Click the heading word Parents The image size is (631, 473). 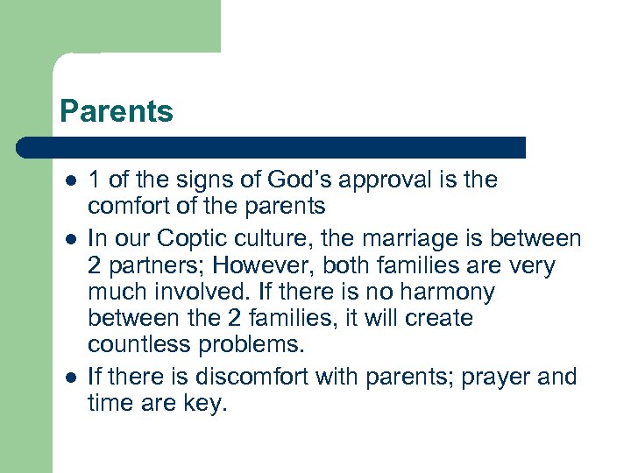pyautogui.click(x=117, y=111)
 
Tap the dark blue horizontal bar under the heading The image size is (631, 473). pyautogui.click(x=272, y=147)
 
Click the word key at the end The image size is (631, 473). pyautogui.click(x=206, y=405)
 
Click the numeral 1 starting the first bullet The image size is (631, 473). pyautogui.click(x=94, y=180)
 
